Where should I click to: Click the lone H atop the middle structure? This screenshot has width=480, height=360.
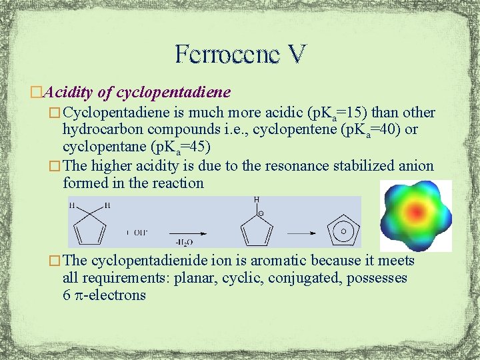tap(256, 199)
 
